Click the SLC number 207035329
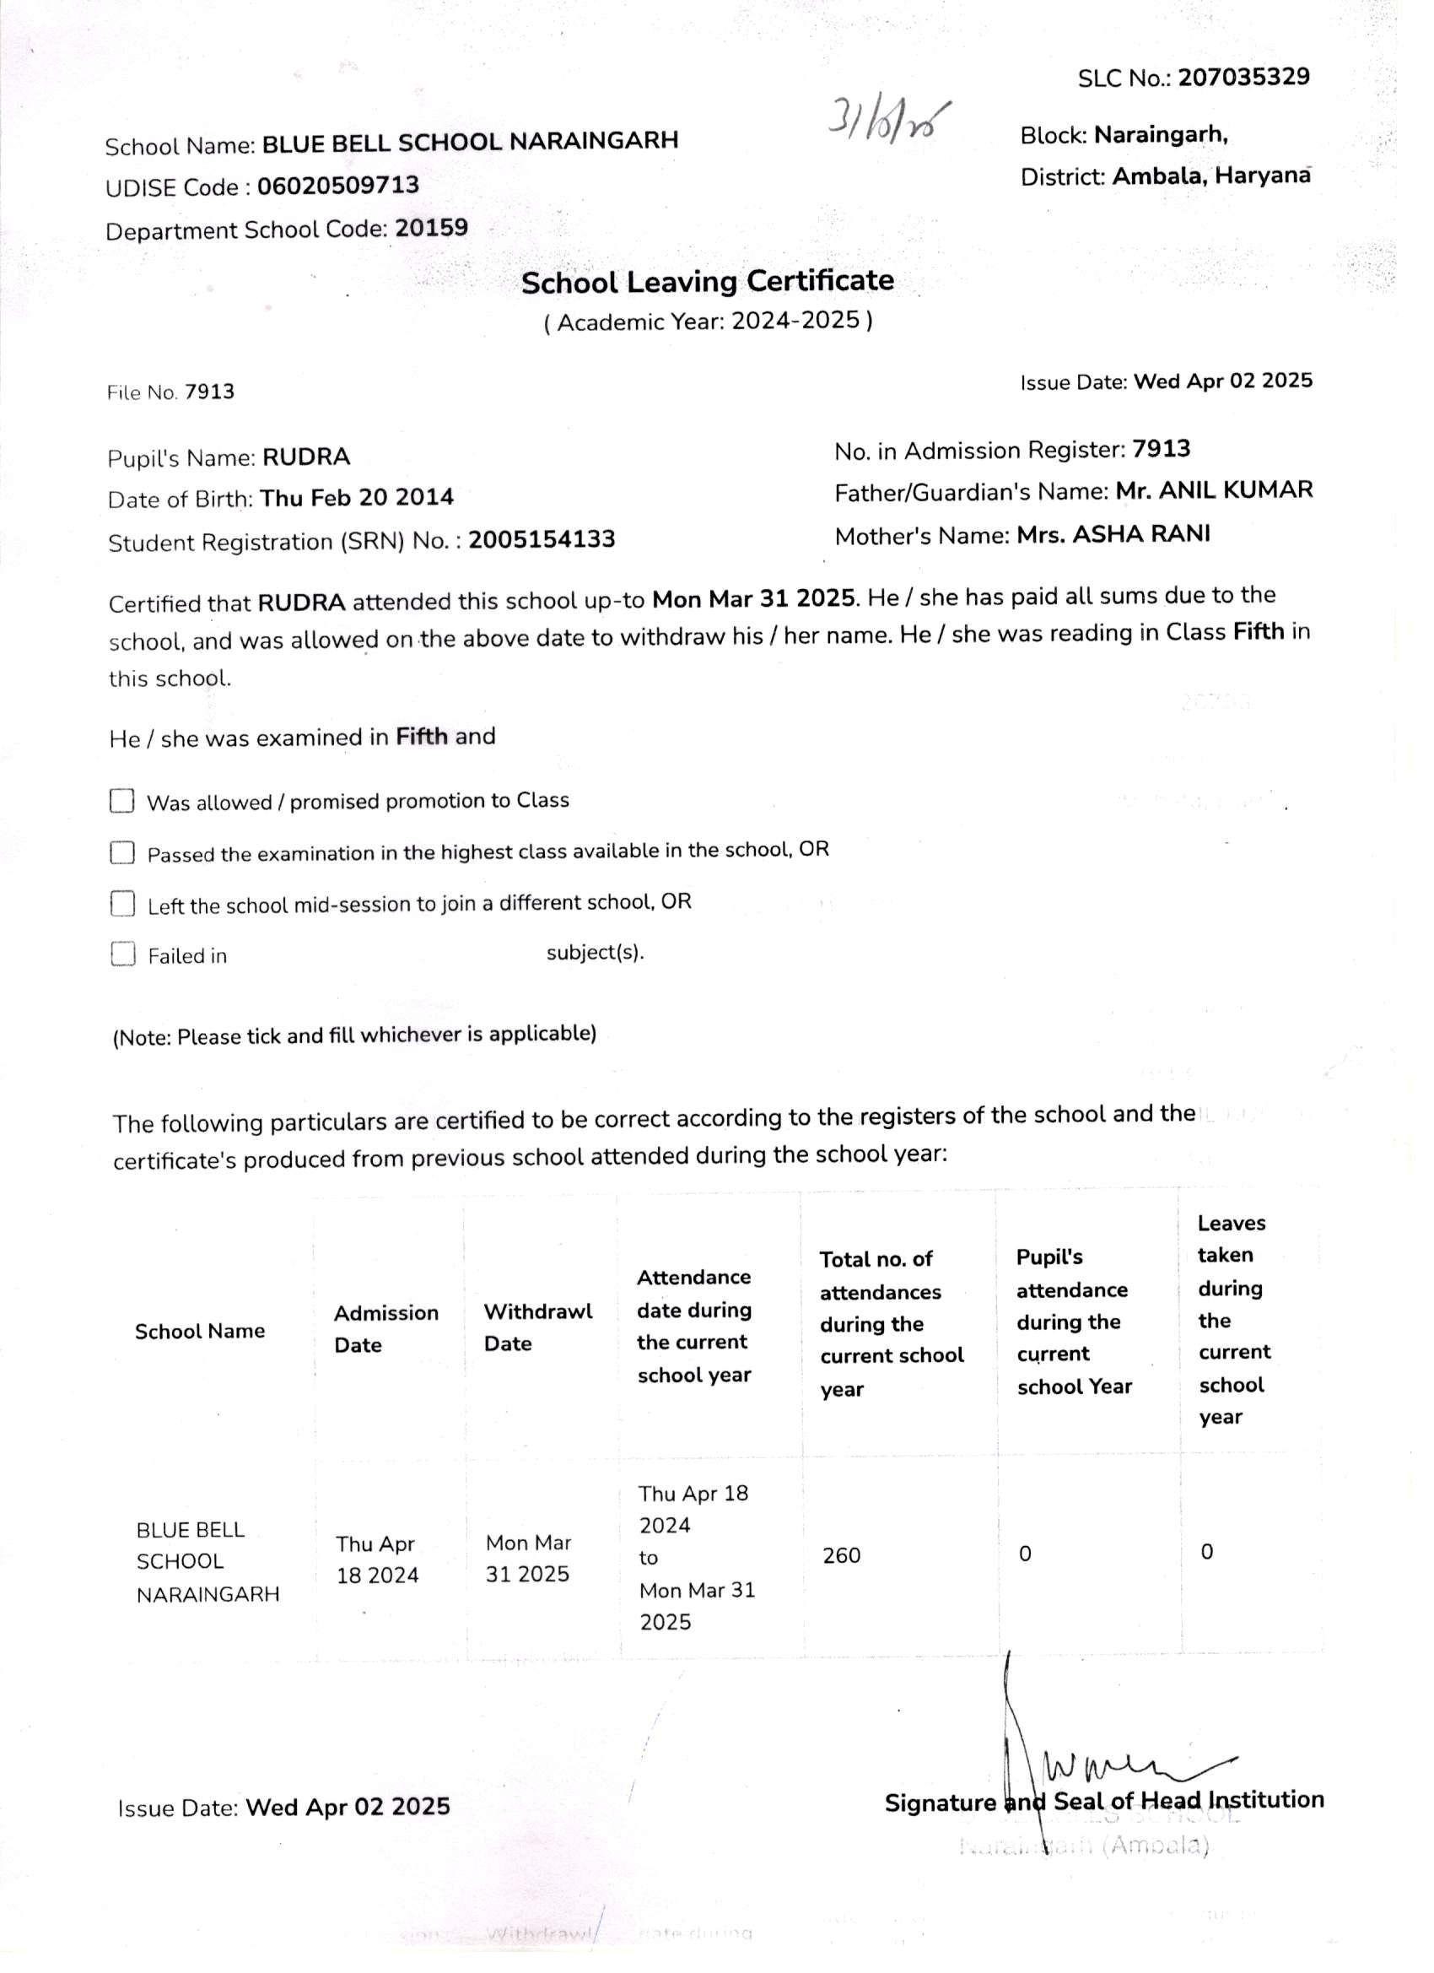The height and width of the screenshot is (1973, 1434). [x=1243, y=78]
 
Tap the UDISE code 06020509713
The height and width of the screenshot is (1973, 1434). [x=338, y=186]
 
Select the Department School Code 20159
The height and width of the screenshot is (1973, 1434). [x=431, y=228]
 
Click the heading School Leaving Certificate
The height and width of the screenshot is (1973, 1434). [x=707, y=281]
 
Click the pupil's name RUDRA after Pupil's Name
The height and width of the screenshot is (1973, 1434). [x=306, y=457]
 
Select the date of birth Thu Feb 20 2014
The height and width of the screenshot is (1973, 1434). [x=357, y=498]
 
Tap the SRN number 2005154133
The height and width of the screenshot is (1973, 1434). [x=541, y=539]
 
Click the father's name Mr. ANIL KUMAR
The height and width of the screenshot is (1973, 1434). [x=1214, y=490]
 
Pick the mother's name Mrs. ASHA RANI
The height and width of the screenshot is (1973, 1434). [x=1113, y=534]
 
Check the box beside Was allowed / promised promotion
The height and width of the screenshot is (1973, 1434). [x=121, y=800]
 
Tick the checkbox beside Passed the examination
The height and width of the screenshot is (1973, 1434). [x=121, y=852]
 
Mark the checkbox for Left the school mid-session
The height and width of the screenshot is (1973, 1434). [x=122, y=904]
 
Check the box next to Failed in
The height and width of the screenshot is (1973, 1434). [x=122, y=954]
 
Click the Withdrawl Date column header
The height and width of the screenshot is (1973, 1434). [x=537, y=1327]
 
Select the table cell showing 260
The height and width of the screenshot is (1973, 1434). [x=841, y=1554]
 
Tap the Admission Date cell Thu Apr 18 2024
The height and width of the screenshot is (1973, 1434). [x=377, y=1559]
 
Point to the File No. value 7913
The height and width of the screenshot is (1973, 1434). [x=209, y=392]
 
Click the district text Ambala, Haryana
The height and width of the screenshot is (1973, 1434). [x=1211, y=176]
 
